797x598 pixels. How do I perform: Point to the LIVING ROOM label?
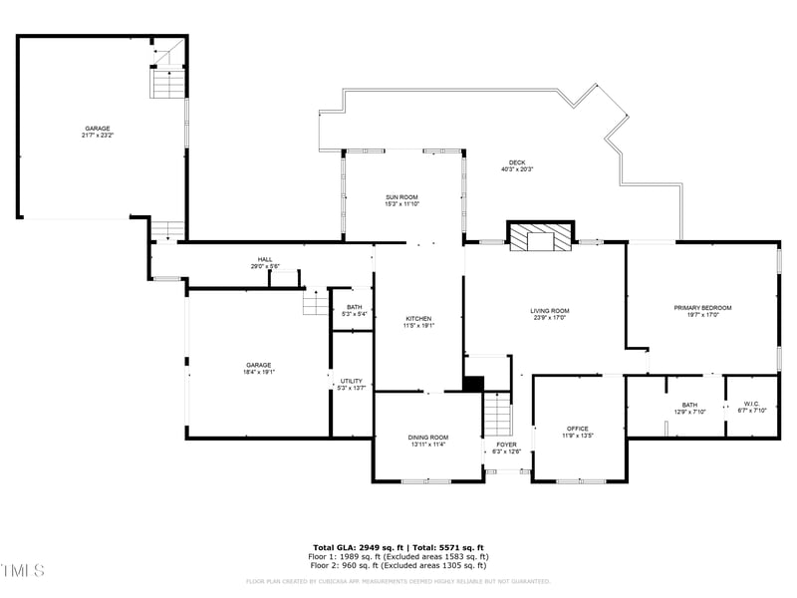click(x=549, y=314)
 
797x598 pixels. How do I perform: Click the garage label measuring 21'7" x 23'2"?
click(x=98, y=131)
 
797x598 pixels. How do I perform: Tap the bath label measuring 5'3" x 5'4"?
click(x=355, y=310)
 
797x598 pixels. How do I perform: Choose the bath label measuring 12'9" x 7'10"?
click(x=689, y=408)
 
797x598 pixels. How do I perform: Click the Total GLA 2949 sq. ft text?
click(x=357, y=547)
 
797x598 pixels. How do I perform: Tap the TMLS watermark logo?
click(x=23, y=570)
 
